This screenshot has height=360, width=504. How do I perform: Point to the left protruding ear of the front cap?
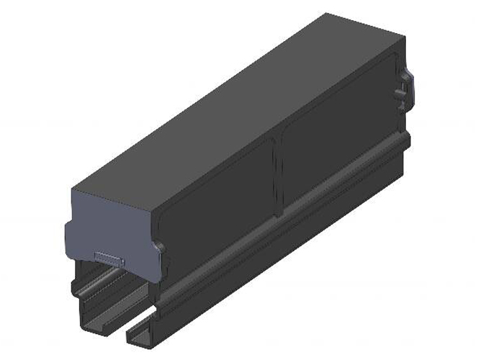click(x=68, y=234)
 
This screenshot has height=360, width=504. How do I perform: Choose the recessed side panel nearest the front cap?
click(x=216, y=205)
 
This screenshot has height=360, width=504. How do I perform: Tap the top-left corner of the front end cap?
click(x=72, y=189)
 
